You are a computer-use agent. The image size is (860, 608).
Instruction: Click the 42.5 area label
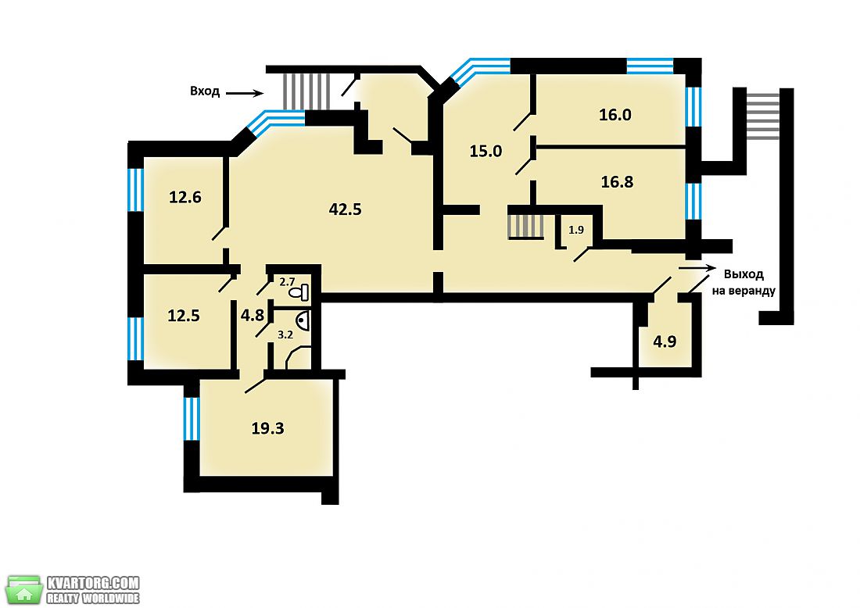tap(345, 209)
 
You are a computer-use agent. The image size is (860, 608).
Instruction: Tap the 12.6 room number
tap(185, 197)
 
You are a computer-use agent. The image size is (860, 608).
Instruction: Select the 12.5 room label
tap(183, 316)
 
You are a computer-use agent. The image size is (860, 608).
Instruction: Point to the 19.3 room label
tap(267, 428)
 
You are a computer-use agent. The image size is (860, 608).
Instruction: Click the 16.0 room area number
tap(615, 115)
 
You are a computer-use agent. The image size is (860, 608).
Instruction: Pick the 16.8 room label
tap(617, 181)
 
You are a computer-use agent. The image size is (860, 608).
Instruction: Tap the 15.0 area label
tap(486, 151)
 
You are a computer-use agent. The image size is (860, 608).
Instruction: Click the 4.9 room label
tap(665, 342)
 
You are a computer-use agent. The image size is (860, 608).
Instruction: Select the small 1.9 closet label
tap(576, 231)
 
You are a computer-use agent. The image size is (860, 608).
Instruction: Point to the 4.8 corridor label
tap(253, 315)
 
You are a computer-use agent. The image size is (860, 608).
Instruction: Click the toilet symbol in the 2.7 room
tap(299, 293)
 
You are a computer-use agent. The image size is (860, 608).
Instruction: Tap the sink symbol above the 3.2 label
tap(303, 320)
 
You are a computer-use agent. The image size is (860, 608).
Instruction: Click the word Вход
tap(205, 91)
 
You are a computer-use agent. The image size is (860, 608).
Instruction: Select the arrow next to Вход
tap(245, 93)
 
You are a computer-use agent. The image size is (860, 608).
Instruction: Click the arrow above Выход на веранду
tap(697, 268)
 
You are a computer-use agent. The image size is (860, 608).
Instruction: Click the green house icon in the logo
tap(24, 591)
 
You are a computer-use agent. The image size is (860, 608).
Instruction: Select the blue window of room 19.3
tap(192, 419)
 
